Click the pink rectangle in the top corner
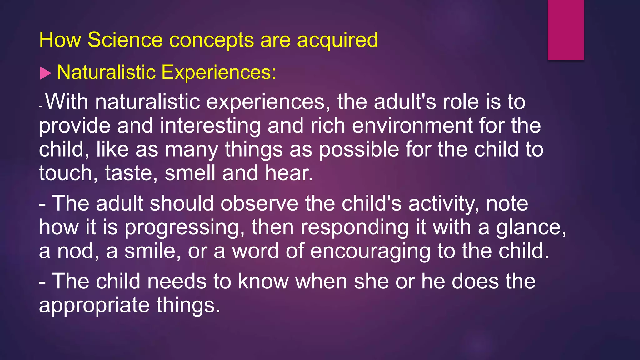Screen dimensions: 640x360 [566, 30]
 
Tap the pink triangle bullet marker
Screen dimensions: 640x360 [46, 73]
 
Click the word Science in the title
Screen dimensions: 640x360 [125, 40]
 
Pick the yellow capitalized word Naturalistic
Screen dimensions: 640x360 [107, 72]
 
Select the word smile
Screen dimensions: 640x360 [152, 252]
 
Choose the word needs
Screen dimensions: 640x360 [177, 282]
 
